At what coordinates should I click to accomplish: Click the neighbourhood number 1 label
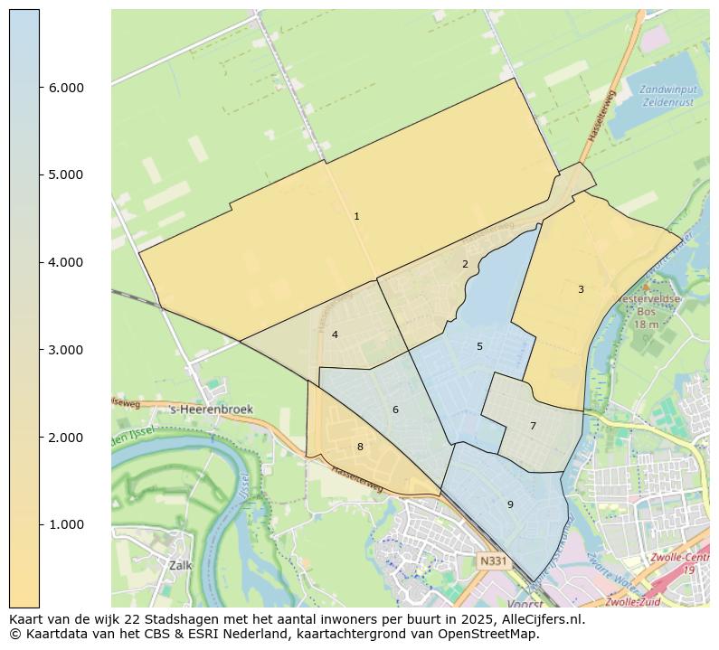(356, 216)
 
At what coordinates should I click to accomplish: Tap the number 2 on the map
(465, 264)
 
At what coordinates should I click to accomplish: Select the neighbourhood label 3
(581, 289)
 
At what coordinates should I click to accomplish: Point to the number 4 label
(335, 334)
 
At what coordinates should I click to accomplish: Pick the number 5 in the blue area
(479, 346)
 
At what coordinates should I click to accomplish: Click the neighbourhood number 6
(395, 410)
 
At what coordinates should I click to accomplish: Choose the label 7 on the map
(533, 426)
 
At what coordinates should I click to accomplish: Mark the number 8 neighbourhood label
(359, 447)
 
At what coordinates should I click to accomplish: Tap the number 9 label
(510, 504)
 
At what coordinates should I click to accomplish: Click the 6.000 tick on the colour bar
(66, 88)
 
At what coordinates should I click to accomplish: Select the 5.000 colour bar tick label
(66, 174)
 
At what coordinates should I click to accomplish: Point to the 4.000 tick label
(66, 262)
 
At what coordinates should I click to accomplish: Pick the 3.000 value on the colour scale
(66, 350)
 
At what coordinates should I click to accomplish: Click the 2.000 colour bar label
(66, 438)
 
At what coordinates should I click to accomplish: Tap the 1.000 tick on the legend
(66, 524)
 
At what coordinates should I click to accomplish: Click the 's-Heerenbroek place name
(211, 410)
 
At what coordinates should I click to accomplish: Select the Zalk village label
(180, 565)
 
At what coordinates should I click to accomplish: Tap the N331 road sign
(494, 561)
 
